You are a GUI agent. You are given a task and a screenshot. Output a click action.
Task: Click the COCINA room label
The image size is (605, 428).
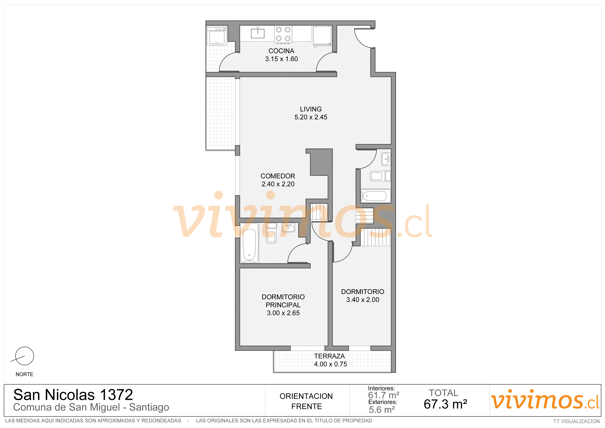click(x=281, y=51)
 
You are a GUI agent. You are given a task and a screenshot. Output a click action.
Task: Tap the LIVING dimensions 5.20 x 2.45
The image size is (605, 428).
click(x=311, y=117)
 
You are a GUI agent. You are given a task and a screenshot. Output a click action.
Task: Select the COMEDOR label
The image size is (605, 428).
click(x=278, y=176)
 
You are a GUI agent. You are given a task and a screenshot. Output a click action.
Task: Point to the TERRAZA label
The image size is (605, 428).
click(x=329, y=356)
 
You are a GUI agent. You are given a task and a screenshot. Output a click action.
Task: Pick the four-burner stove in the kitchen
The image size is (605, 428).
click(x=283, y=34)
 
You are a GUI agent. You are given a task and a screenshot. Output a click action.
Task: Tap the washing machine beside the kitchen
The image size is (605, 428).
click(x=217, y=36)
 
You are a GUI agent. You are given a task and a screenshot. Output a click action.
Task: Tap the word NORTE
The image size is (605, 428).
click(x=25, y=375)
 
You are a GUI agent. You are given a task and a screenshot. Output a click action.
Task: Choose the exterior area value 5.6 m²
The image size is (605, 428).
click(x=382, y=410)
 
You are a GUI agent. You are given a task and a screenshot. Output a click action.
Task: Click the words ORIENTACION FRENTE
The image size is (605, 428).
click(x=306, y=401)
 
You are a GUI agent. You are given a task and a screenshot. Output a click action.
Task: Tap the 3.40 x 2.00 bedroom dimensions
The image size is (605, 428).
click(x=363, y=300)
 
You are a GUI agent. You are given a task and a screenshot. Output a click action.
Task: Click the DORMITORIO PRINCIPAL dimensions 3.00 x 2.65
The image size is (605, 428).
click(x=283, y=313)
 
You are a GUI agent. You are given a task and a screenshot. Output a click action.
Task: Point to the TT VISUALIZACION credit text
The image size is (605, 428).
click(x=576, y=421)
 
